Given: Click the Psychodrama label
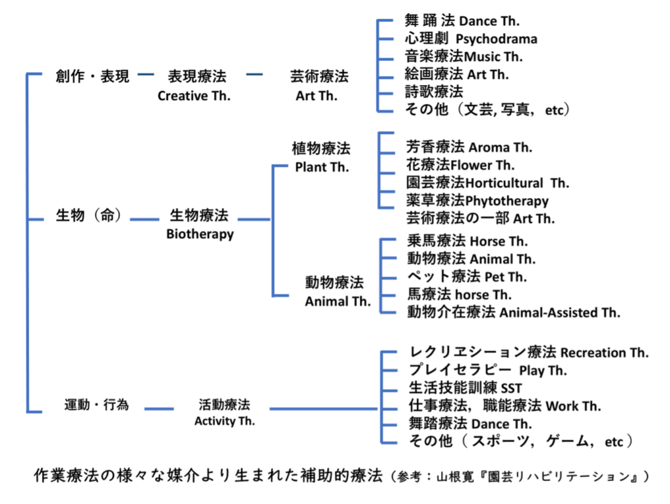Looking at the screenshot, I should (x=496, y=39).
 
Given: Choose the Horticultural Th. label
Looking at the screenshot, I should (x=517, y=183).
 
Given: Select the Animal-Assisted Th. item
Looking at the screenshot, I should (x=559, y=312).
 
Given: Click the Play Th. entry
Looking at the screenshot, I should (x=543, y=371).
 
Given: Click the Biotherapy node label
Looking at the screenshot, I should (x=200, y=234).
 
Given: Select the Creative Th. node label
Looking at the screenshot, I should (x=194, y=96).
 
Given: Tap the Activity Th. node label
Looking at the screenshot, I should (x=224, y=421).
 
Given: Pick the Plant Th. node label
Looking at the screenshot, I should (x=321, y=167).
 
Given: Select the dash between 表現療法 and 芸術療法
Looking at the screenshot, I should (x=254, y=76).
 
